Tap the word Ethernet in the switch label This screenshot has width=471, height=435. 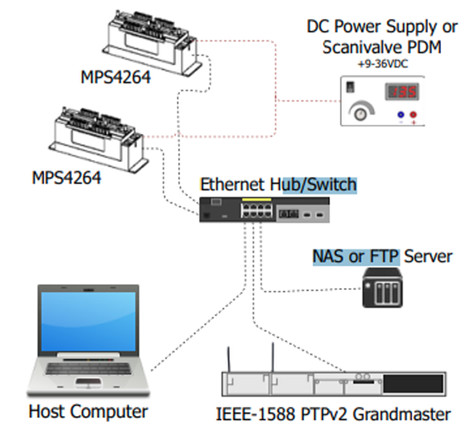coord(233,185)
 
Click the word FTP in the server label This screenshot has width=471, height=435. coord(383,256)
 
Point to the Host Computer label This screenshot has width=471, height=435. coord(88,412)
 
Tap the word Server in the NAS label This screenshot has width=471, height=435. coord(428,256)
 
